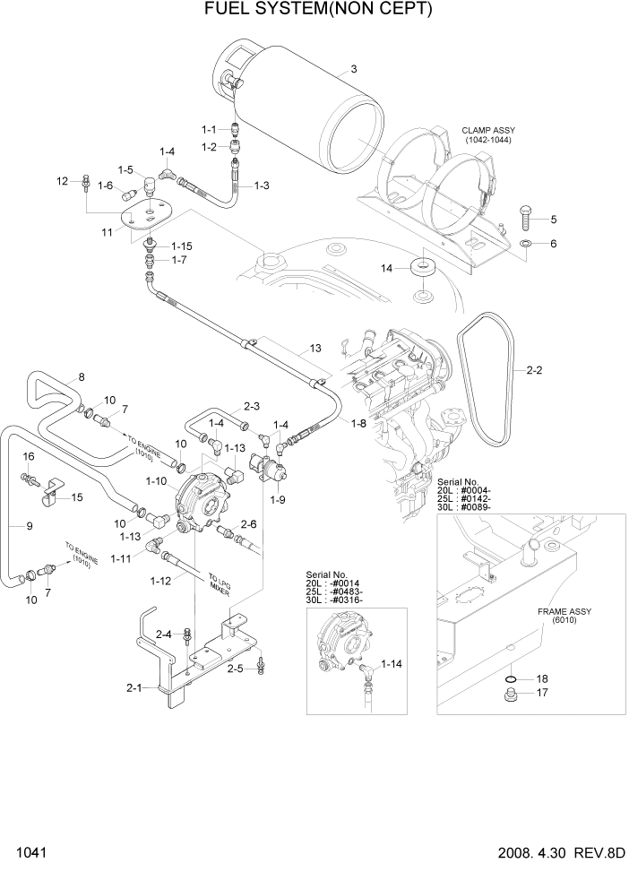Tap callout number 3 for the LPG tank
354,69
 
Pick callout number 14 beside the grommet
386,268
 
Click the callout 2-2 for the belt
534,369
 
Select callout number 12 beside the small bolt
63,181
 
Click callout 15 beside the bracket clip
76,497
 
